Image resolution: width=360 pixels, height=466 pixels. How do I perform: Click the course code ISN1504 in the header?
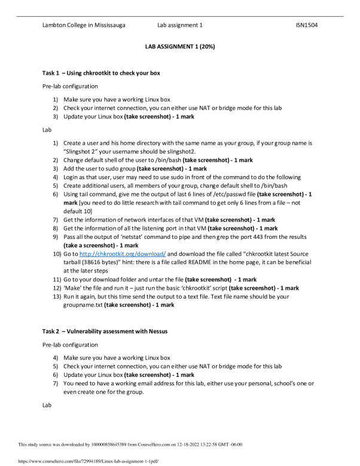coord(306,25)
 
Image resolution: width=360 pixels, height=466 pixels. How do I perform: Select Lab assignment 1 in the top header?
coord(180,25)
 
